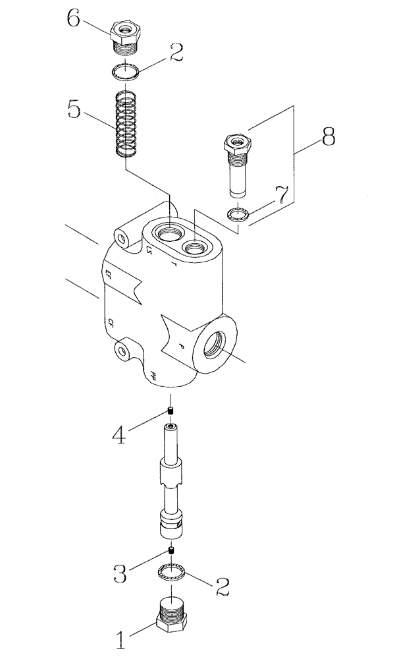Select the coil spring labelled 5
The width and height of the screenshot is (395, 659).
click(125, 126)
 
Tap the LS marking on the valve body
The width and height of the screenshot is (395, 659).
click(149, 248)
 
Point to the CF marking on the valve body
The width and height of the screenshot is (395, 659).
click(113, 322)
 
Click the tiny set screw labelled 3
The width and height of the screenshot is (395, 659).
click(170, 550)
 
